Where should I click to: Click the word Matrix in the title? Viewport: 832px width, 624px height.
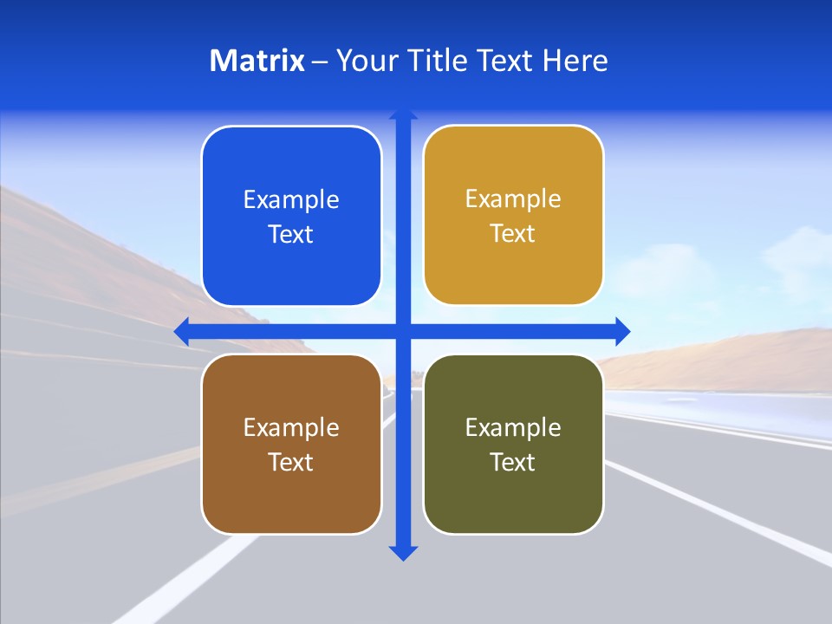tap(257, 61)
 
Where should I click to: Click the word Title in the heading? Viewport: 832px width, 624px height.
tap(438, 61)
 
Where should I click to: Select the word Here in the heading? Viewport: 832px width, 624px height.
tap(575, 61)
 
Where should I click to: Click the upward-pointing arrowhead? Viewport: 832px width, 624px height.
tap(403, 115)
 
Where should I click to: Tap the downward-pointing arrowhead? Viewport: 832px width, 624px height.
tap(403, 552)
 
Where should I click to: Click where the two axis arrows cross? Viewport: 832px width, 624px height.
tap(403, 331)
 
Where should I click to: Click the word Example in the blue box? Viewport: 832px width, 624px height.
tap(291, 199)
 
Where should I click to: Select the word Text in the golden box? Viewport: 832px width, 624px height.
tap(513, 233)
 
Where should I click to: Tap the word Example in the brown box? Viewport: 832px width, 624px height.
tap(291, 427)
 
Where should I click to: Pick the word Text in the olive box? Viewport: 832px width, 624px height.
tap(513, 462)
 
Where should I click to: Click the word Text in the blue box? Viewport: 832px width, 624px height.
tap(291, 234)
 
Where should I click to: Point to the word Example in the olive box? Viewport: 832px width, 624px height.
tap(513, 427)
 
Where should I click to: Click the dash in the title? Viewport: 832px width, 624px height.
tap(320, 62)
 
